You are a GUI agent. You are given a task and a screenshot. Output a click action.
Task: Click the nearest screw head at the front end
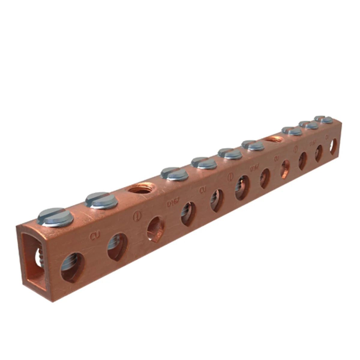(x=55, y=217)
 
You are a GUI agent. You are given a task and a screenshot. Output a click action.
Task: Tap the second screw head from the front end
(x=101, y=200)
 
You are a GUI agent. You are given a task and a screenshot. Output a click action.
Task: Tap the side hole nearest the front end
(x=72, y=267)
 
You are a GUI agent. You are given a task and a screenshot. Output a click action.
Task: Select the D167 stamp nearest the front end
(x=172, y=203)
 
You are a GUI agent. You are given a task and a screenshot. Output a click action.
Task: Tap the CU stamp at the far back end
(x=327, y=137)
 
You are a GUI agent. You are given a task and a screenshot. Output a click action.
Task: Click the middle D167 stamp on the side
(x=255, y=169)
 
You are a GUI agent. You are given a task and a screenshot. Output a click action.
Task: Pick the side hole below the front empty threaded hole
(x=155, y=229)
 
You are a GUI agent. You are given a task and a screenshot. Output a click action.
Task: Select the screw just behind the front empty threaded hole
(x=174, y=174)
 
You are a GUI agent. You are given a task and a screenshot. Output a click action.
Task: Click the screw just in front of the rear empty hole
(x=253, y=145)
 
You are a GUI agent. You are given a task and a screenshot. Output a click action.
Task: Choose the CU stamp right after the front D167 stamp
(x=203, y=190)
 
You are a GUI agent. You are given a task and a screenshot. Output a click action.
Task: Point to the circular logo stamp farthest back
(x=296, y=149)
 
